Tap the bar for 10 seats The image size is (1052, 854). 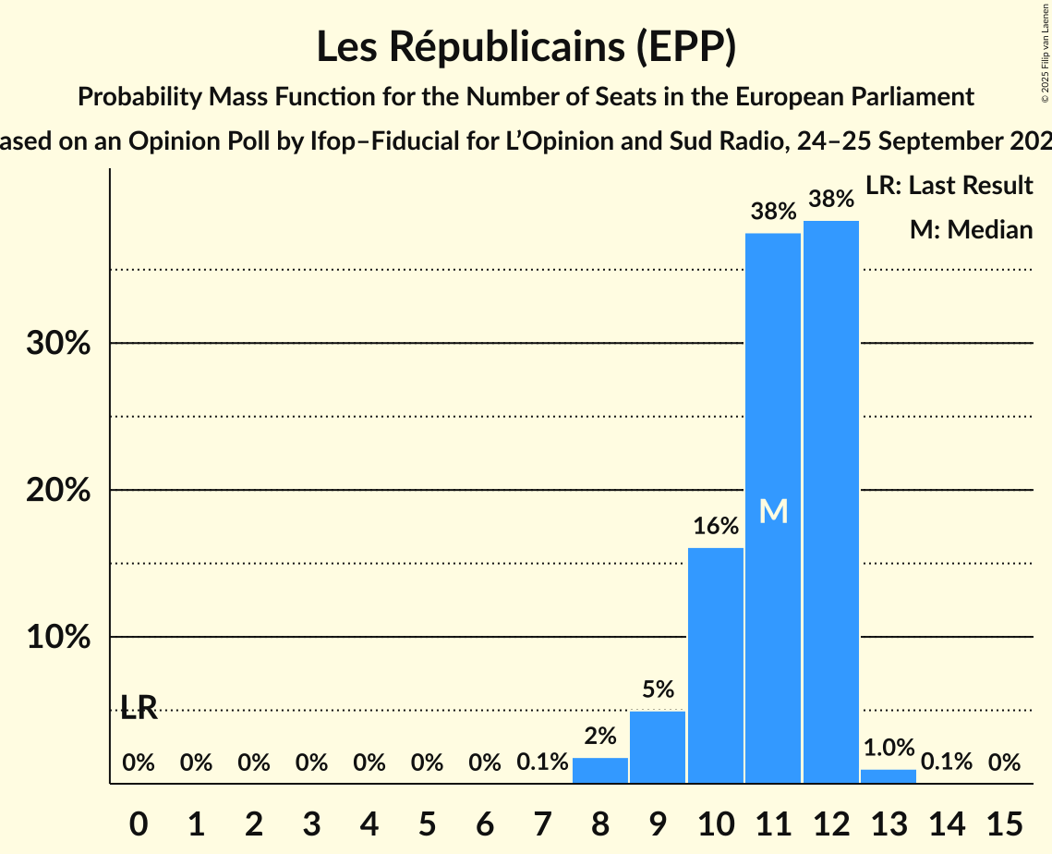point(715,665)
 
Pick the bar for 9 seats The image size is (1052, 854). point(658,747)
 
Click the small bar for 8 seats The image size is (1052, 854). point(599,771)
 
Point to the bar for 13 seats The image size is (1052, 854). point(889,776)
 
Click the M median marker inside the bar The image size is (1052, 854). point(773,511)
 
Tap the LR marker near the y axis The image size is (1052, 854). point(139,709)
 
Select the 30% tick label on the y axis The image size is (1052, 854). point(57,344)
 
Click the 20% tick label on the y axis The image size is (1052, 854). point(57,491)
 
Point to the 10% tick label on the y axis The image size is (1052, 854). point(57,638)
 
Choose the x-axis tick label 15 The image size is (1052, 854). point(1004,821)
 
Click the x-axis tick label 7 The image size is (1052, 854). point(542,821)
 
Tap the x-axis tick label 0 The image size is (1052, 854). point(139,821)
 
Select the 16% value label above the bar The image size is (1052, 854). point(715,527)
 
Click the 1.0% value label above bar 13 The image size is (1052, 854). point(889,748)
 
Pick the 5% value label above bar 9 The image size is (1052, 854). point(658,689)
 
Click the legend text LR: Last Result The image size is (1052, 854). point(949,186)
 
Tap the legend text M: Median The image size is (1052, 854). point(971,229)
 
